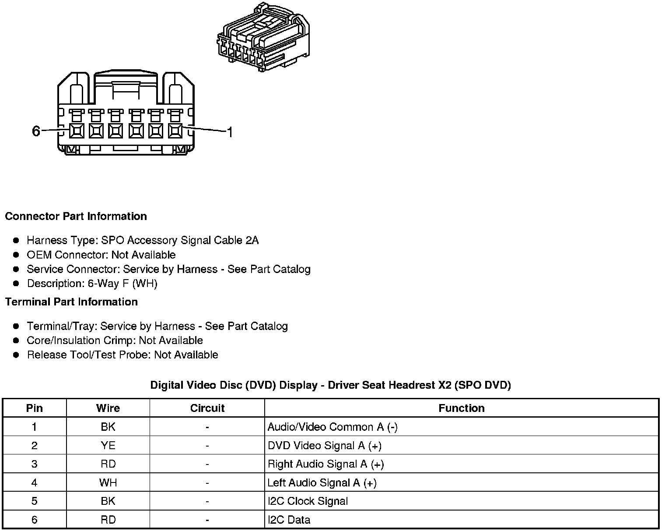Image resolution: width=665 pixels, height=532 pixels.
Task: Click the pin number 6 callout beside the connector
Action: [36, 131]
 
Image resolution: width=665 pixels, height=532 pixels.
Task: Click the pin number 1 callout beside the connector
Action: [229, 132]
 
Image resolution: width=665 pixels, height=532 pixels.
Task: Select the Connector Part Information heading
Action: [76, 216]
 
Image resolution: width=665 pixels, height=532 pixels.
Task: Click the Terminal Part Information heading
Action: [71, 302]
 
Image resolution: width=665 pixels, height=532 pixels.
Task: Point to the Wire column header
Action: [108, 408]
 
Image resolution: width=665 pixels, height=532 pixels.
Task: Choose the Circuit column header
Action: [207, 408]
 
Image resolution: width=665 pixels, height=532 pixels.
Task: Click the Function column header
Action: [461, 408]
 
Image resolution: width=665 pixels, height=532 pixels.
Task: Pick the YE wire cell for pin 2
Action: [108, 446]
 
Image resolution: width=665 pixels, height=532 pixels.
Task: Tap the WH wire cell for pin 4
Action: [108, 483]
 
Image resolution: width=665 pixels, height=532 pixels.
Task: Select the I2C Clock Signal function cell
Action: [308, 501]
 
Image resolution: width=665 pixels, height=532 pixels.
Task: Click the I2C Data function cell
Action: [289, 520]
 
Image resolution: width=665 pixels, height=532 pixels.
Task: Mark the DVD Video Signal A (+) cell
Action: [324, 446]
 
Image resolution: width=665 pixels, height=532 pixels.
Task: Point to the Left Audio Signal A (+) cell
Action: [322, 483]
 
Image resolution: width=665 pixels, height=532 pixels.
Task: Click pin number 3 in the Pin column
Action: [34, 464]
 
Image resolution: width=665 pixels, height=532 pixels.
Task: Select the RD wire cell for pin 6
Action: [108, 520]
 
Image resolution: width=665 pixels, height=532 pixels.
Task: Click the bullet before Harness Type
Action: [16, 240]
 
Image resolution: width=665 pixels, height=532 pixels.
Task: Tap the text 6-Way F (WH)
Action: [122, 284]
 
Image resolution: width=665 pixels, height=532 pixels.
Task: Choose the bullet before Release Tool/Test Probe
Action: [16, 355]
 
